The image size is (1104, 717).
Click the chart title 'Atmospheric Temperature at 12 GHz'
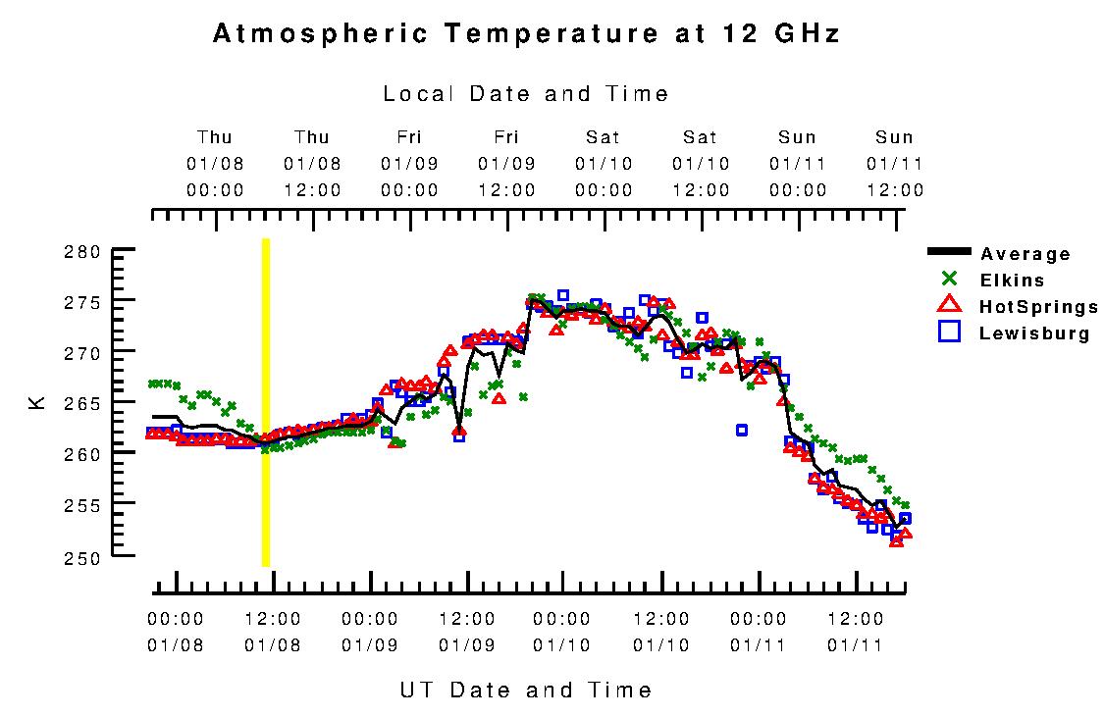(526, 34)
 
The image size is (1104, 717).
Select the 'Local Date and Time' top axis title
(526, 94)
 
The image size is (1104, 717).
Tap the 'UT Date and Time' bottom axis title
(526, 690)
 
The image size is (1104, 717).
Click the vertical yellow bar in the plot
(265, 402)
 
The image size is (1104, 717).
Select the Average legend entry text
(1025, 255)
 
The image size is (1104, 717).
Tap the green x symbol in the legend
(949, 280)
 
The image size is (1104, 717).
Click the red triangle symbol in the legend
(949, 305)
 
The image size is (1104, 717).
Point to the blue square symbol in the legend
(949, 332)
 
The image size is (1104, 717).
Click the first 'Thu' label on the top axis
(215, 137)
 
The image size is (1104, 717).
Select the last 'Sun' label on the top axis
(894, 137)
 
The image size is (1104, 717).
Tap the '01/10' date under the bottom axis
(562, 645)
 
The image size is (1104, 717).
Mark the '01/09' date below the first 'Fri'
(409, 163)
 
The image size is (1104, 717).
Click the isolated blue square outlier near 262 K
(742, 430)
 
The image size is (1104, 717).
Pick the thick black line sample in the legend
(949, 252)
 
